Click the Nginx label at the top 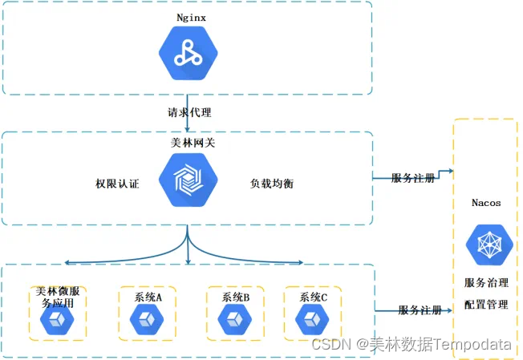pos(187,17)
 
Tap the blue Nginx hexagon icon pos(187,52)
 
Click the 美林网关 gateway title pos(187,143)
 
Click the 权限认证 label pos(117,184)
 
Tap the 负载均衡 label pos(272,184)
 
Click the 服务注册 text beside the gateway pos(414,178)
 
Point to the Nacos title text pos(487,203)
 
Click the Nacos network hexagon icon pos(487,245)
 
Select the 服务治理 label pos(486,283)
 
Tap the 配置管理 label pos(486,305)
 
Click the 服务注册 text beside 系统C pos(420,310)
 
